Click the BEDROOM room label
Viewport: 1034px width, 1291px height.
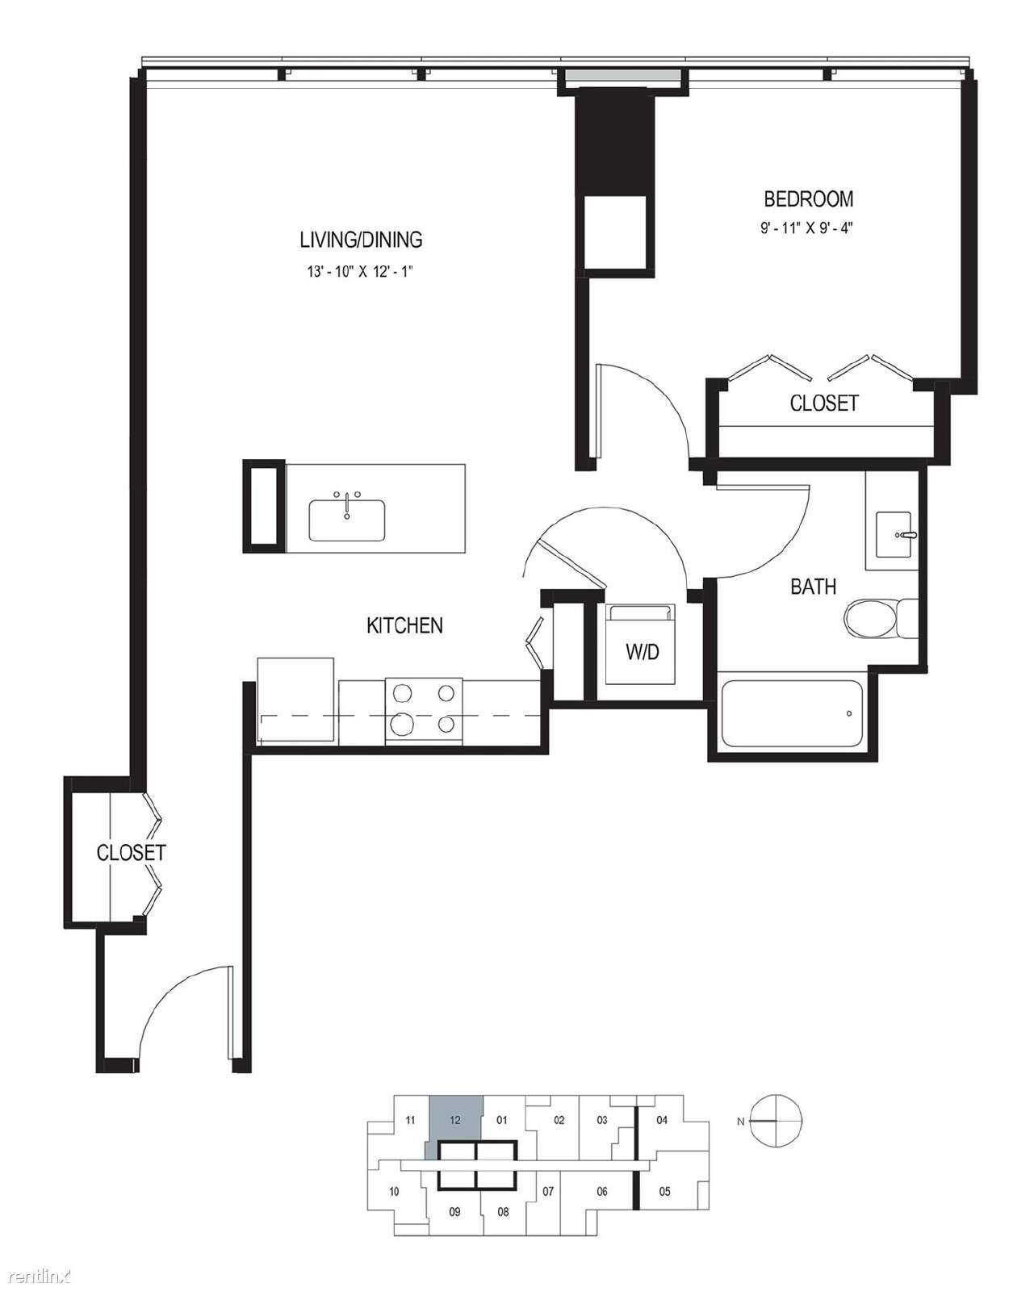click(x=808, y=198)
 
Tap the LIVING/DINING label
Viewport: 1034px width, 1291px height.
click(x=361, y=240)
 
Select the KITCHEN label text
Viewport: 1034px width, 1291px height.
click(x=404, y=625)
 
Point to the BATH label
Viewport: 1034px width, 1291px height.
click(x=813, y=587)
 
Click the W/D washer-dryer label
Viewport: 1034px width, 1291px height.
click(x=643, y=652)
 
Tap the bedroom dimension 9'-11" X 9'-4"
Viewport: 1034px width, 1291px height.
click(x=806, y=228)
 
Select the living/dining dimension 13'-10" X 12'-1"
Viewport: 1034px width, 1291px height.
click(x=361, y=271)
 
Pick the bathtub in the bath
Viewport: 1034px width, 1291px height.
click(x=792, y=713)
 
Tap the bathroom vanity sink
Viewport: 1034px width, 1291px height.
click(x=894, y=534)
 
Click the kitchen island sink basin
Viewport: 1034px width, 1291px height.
click(x=347, y=520)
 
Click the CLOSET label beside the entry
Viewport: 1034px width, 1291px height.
click(x=131, y=853)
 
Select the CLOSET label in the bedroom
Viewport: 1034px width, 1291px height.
click(x=823, y=403)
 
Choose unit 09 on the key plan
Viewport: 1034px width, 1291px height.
click(x=454, y=1212)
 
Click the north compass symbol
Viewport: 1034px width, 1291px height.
click(x=776, y=1121)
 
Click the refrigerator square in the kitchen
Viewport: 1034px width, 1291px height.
click(x=295, y=701)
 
